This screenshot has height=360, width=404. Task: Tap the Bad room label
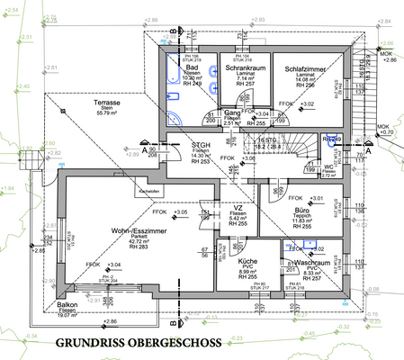coord(192,67)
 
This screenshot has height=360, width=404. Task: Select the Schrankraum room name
coord(246,67)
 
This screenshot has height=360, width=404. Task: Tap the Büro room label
coord(301,210)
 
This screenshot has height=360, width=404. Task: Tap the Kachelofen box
coord(123,192)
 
